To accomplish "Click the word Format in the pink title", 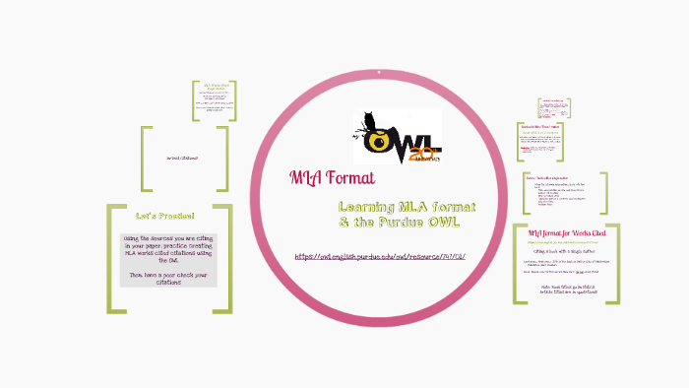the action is [344, 178].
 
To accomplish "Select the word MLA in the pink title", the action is [304, 178].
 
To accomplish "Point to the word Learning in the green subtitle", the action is [369, 207].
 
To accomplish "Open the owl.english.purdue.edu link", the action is [379, 257].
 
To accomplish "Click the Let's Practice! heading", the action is [164, 216].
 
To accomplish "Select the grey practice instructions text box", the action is [169, 259].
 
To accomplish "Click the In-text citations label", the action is [184, 158].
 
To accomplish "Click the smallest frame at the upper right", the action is [554, 105].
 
